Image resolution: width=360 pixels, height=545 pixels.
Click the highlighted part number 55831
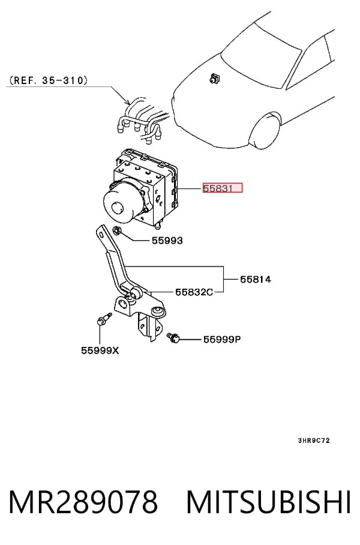(x=223, y=188)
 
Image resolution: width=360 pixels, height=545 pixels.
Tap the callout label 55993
(x=167, y=241)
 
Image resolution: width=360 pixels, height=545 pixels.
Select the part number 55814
(x=256, y=279)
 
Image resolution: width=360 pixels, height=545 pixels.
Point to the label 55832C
(x=194, y=292)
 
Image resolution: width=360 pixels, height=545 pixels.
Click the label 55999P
(x=221, y=339)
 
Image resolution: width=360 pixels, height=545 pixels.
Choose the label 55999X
(x=100, y=351)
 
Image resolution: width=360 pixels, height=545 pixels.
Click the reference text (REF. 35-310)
(x=47, y=80)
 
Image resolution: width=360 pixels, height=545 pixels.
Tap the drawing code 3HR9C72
(x=314, y=441)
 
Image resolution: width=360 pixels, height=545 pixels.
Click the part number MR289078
(x=83, y=502)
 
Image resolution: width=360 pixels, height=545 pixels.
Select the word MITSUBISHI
(x=269, y=502)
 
